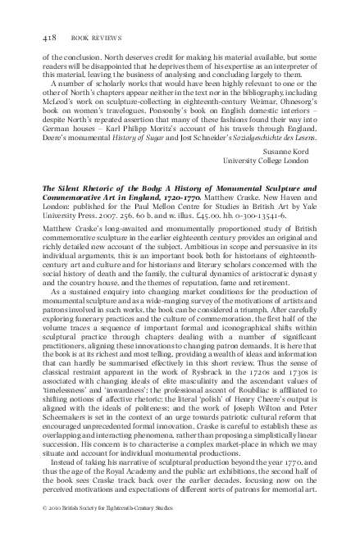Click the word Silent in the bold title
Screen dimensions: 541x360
coord(69,188)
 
